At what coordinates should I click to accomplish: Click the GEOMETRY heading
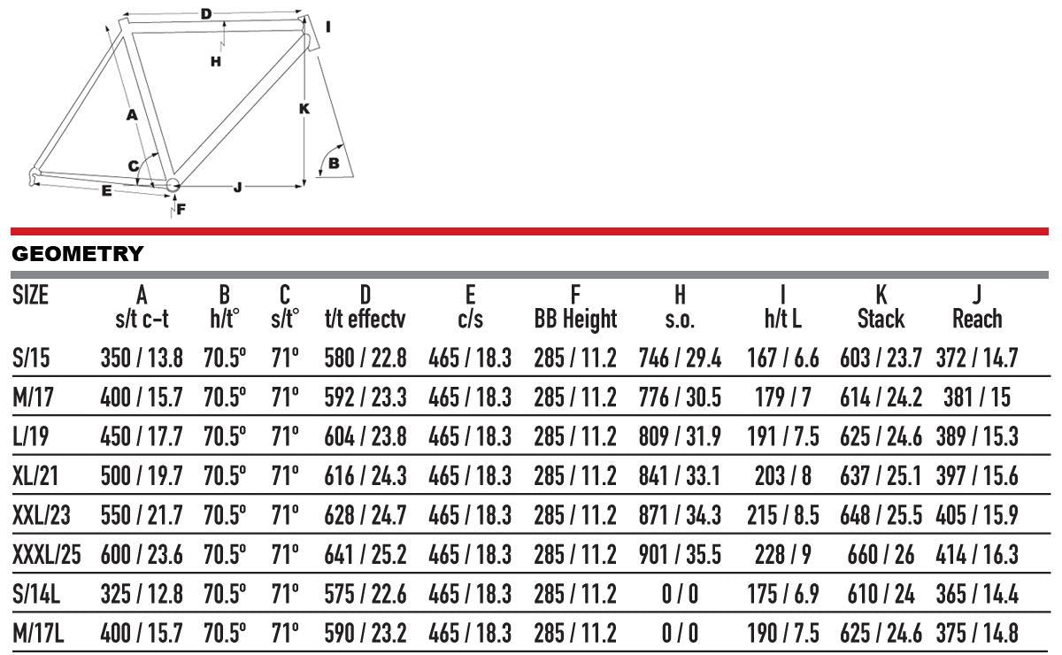(77, 254)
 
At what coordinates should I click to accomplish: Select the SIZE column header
(30, 295)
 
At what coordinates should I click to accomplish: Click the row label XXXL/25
(46, 554)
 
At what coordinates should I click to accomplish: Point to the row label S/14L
(36, 594)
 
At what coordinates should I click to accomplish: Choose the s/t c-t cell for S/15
(142, 358)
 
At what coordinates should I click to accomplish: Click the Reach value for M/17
(977, 397)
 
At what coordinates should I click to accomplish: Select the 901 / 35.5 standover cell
(680, 554)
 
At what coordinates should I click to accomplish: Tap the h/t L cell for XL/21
(782, 475)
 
